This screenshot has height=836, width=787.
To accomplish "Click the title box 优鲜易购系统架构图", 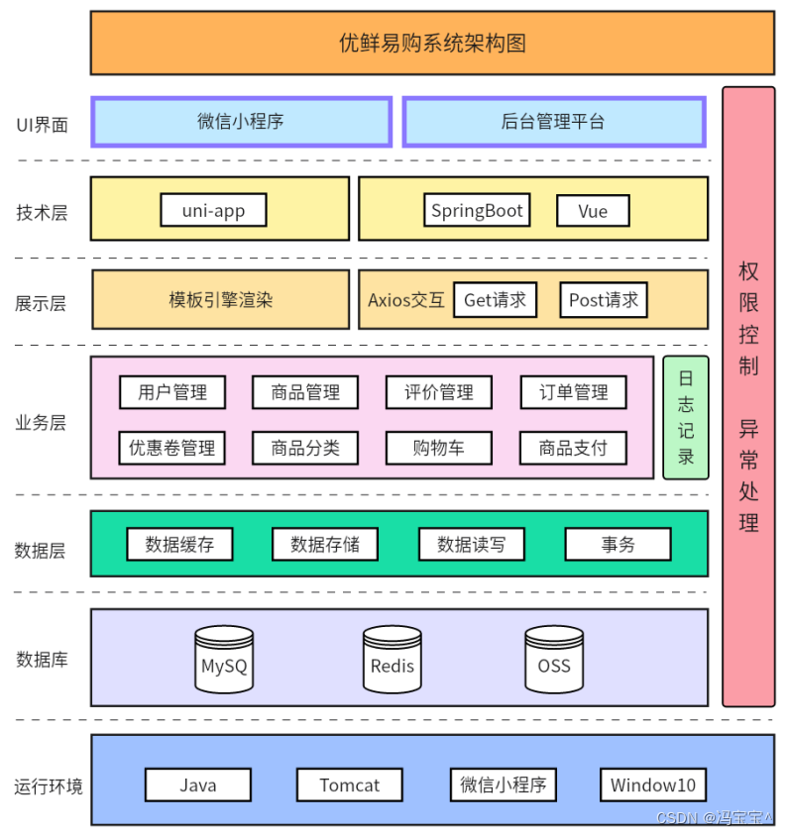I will [x=432, y=43].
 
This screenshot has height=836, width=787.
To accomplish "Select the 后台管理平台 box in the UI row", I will [x=553, y=122].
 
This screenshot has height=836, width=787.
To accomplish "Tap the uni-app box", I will [x=213, y=210].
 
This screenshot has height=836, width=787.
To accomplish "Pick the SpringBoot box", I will [x=477, y=211].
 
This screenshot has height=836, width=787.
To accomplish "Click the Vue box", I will [x=594, y=211].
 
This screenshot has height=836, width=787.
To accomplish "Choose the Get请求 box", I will [x=495, y=300].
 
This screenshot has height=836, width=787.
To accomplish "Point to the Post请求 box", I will [x=604, y=300].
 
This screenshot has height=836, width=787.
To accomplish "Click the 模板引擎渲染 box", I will [x=220, y=300].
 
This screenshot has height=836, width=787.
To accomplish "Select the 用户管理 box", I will [x=172, y=392].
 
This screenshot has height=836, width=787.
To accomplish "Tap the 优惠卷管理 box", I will [x=172, y=448].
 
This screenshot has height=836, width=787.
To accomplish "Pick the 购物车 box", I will [x=439, y=448].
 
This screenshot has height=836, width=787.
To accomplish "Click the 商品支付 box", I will [x=573, y=448].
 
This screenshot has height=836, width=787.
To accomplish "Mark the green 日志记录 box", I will [x=686, y=417].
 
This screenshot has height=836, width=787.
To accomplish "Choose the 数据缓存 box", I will [x=179, y=544].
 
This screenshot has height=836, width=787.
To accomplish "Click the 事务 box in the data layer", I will [x=618, y=544].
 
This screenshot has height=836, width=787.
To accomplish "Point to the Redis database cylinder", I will [x=393, y=659].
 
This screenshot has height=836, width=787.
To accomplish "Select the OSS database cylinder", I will [x=554, y=659].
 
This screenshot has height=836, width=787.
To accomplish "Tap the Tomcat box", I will [x=349, y=785].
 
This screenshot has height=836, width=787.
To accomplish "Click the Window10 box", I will [x=652, y=785].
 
